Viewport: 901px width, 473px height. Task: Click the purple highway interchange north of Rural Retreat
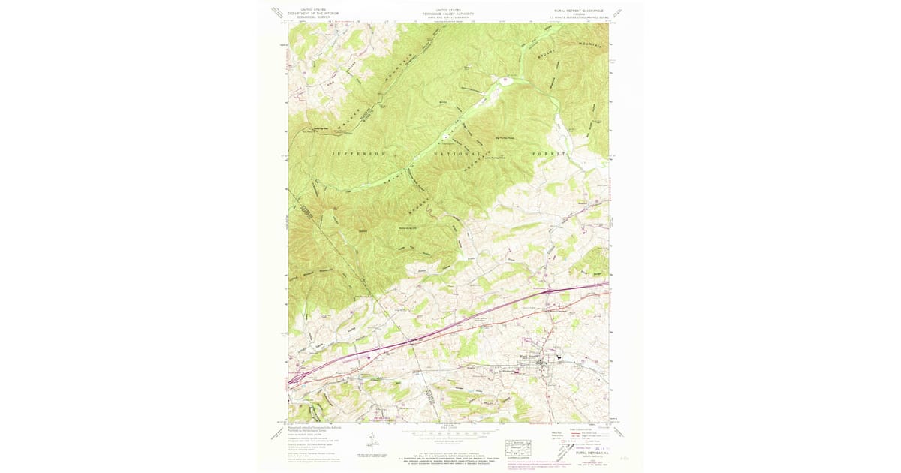pos(552,289)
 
